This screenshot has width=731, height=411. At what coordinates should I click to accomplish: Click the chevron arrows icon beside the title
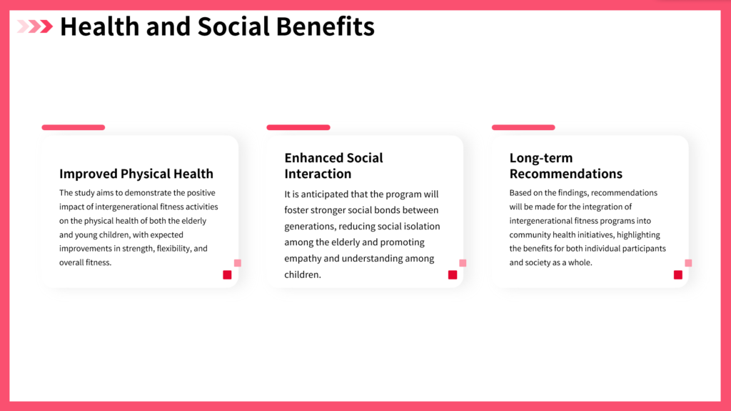point(35,26)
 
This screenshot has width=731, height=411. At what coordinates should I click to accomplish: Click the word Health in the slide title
point(100,26)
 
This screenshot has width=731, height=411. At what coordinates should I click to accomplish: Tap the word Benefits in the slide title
point(326,26)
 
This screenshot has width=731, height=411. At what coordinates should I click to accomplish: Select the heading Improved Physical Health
point(136,174)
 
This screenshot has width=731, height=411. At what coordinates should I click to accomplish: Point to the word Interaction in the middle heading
point(318,174)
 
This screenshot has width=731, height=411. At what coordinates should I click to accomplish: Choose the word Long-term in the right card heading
point(541,159)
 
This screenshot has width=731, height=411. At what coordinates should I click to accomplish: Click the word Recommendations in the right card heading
point(565,174)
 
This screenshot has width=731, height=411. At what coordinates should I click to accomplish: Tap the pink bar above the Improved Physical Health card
point(74,127)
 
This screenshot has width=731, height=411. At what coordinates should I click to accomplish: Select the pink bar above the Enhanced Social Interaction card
point(298,127)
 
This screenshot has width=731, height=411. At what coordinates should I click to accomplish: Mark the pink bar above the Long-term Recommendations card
point(523,127)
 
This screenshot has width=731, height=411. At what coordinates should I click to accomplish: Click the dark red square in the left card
point(227,274)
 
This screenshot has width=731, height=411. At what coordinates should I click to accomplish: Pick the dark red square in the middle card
point(452,274)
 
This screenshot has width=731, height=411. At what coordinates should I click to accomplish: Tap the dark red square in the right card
point(678,274)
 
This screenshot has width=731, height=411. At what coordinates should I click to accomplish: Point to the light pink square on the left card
point(237,263)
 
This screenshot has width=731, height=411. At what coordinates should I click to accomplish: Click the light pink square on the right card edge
point(688,263)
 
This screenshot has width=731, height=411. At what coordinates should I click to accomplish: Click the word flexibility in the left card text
point(174,249)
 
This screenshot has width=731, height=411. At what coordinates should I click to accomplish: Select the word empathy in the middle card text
point(303,259)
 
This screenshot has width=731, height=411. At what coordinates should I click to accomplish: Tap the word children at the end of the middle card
point(303,274)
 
